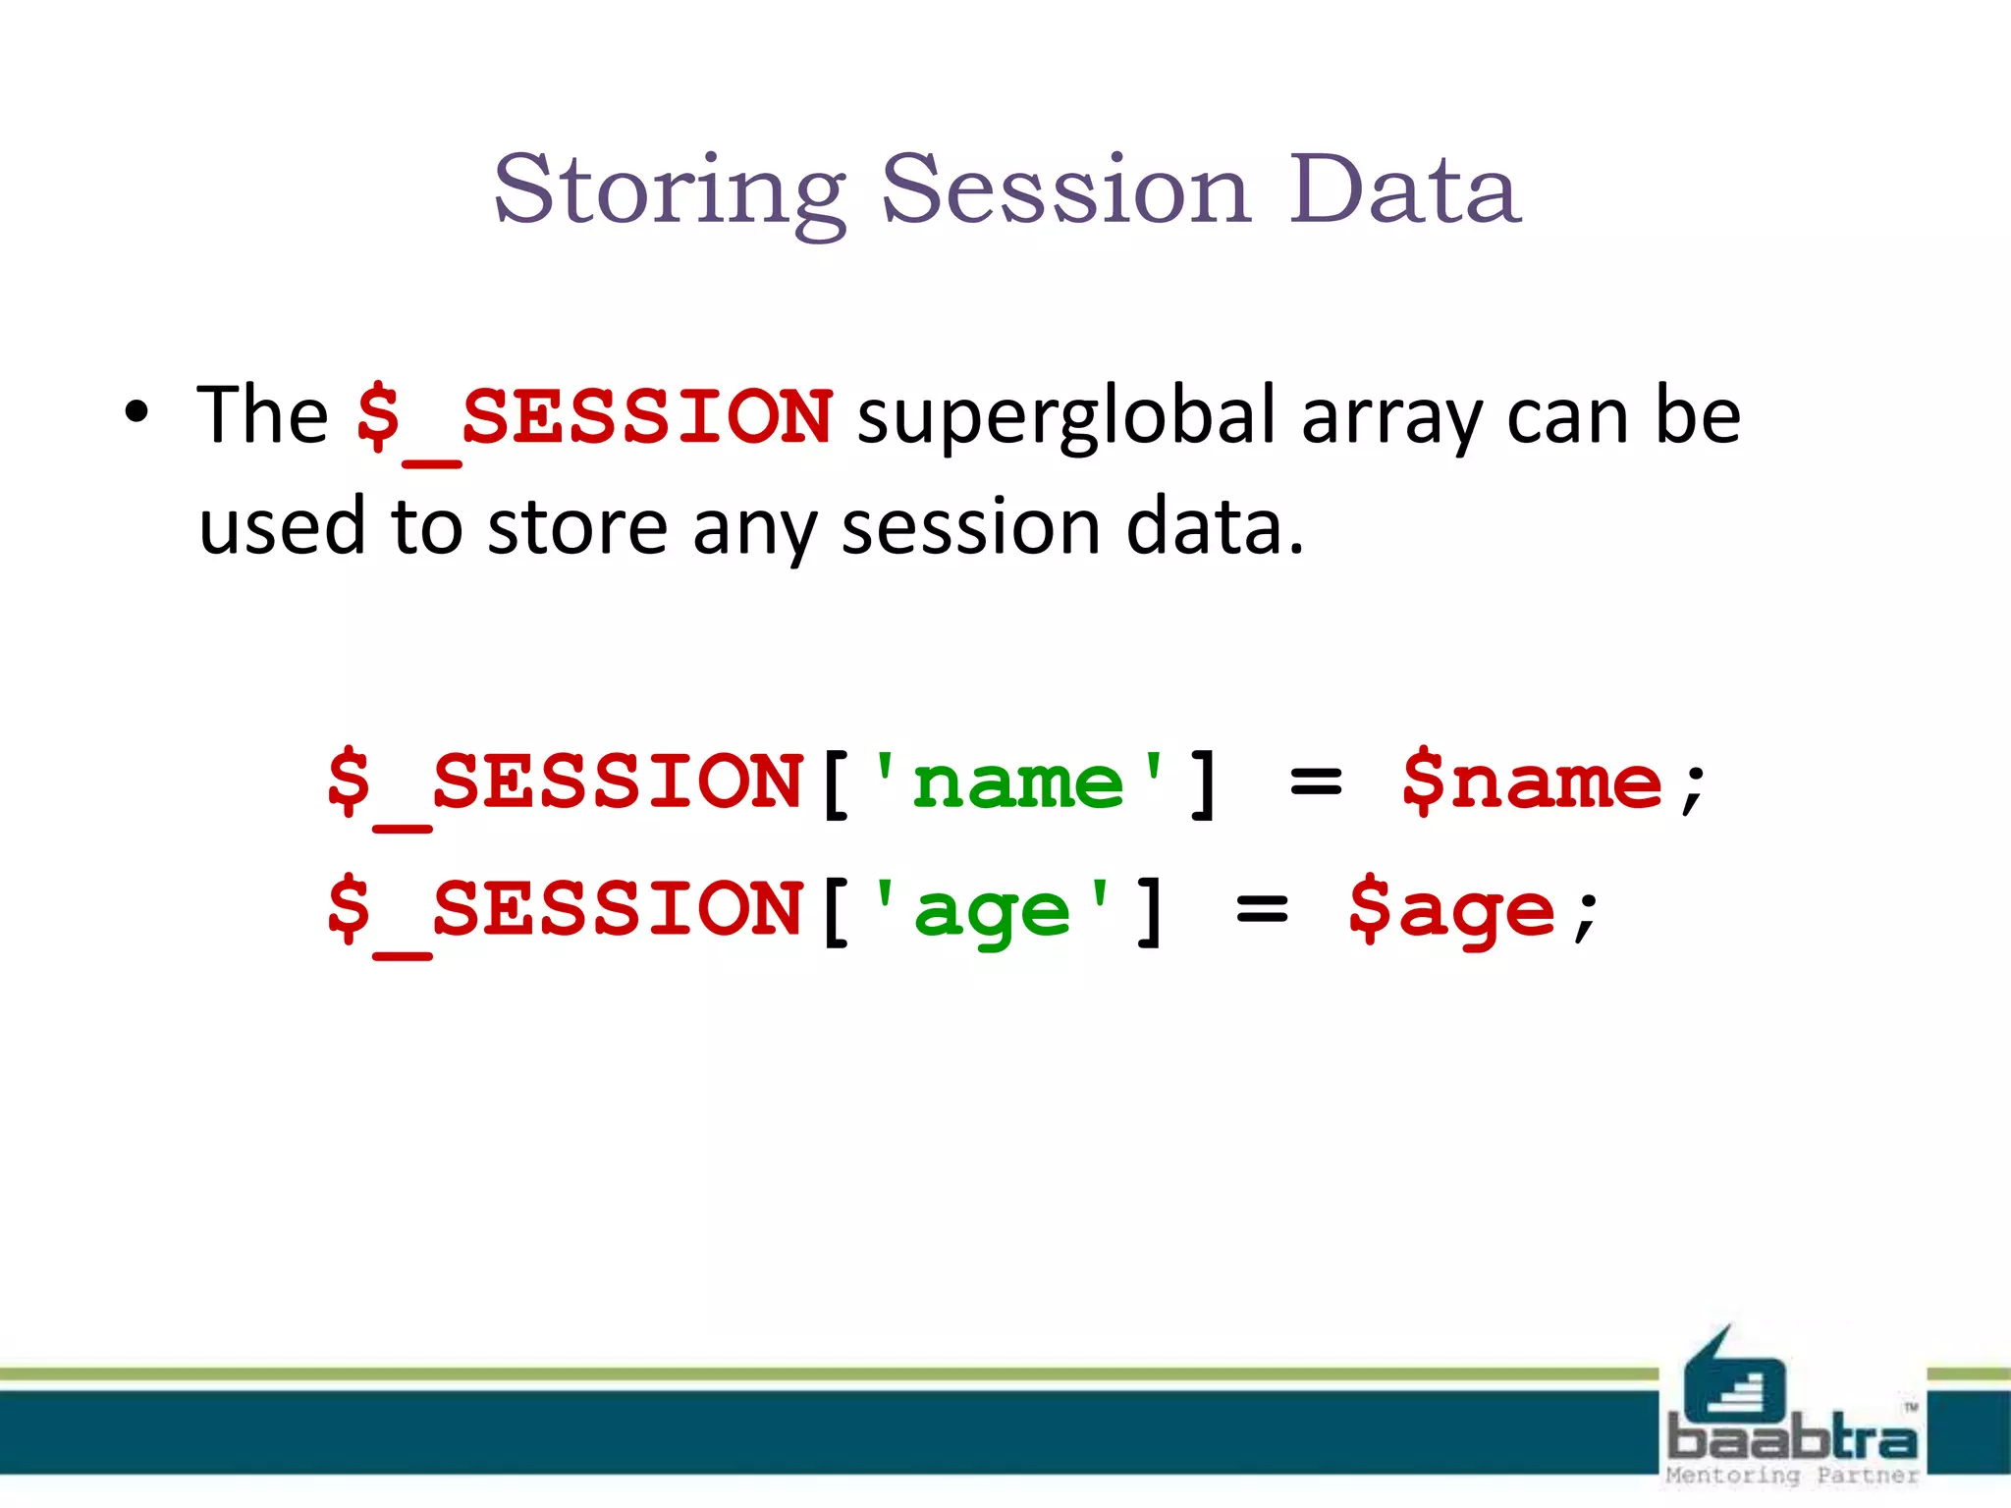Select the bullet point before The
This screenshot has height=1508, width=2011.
(x=136, y=413)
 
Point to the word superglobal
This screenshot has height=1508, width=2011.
(x=1066, y=415)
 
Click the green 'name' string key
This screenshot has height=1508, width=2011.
(x=1017, y=783)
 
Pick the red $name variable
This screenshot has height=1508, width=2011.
(x=1532, y=783)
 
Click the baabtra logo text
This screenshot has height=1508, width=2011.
(x=1792, y=1437)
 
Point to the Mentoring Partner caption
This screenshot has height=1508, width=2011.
(x=1792, y=1476)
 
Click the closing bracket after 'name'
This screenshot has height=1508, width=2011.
(x=1204, y=783)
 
